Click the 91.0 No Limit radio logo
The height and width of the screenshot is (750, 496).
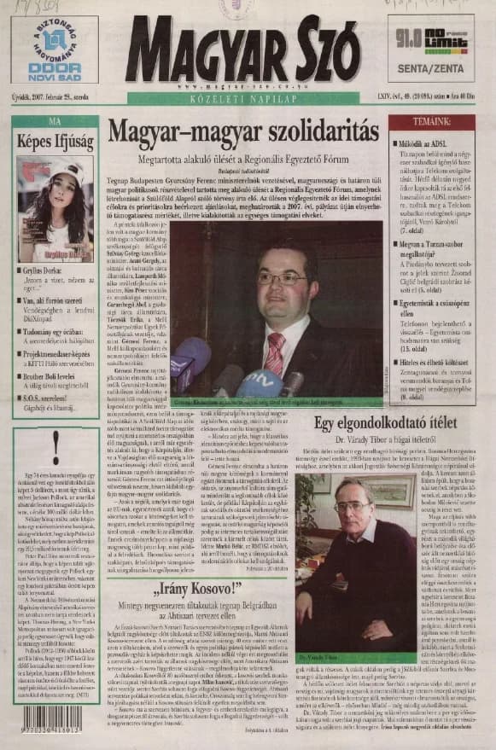click(430, 38)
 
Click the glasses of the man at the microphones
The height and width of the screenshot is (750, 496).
click(281, 279)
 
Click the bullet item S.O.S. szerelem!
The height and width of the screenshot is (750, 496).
click(50, 399)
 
